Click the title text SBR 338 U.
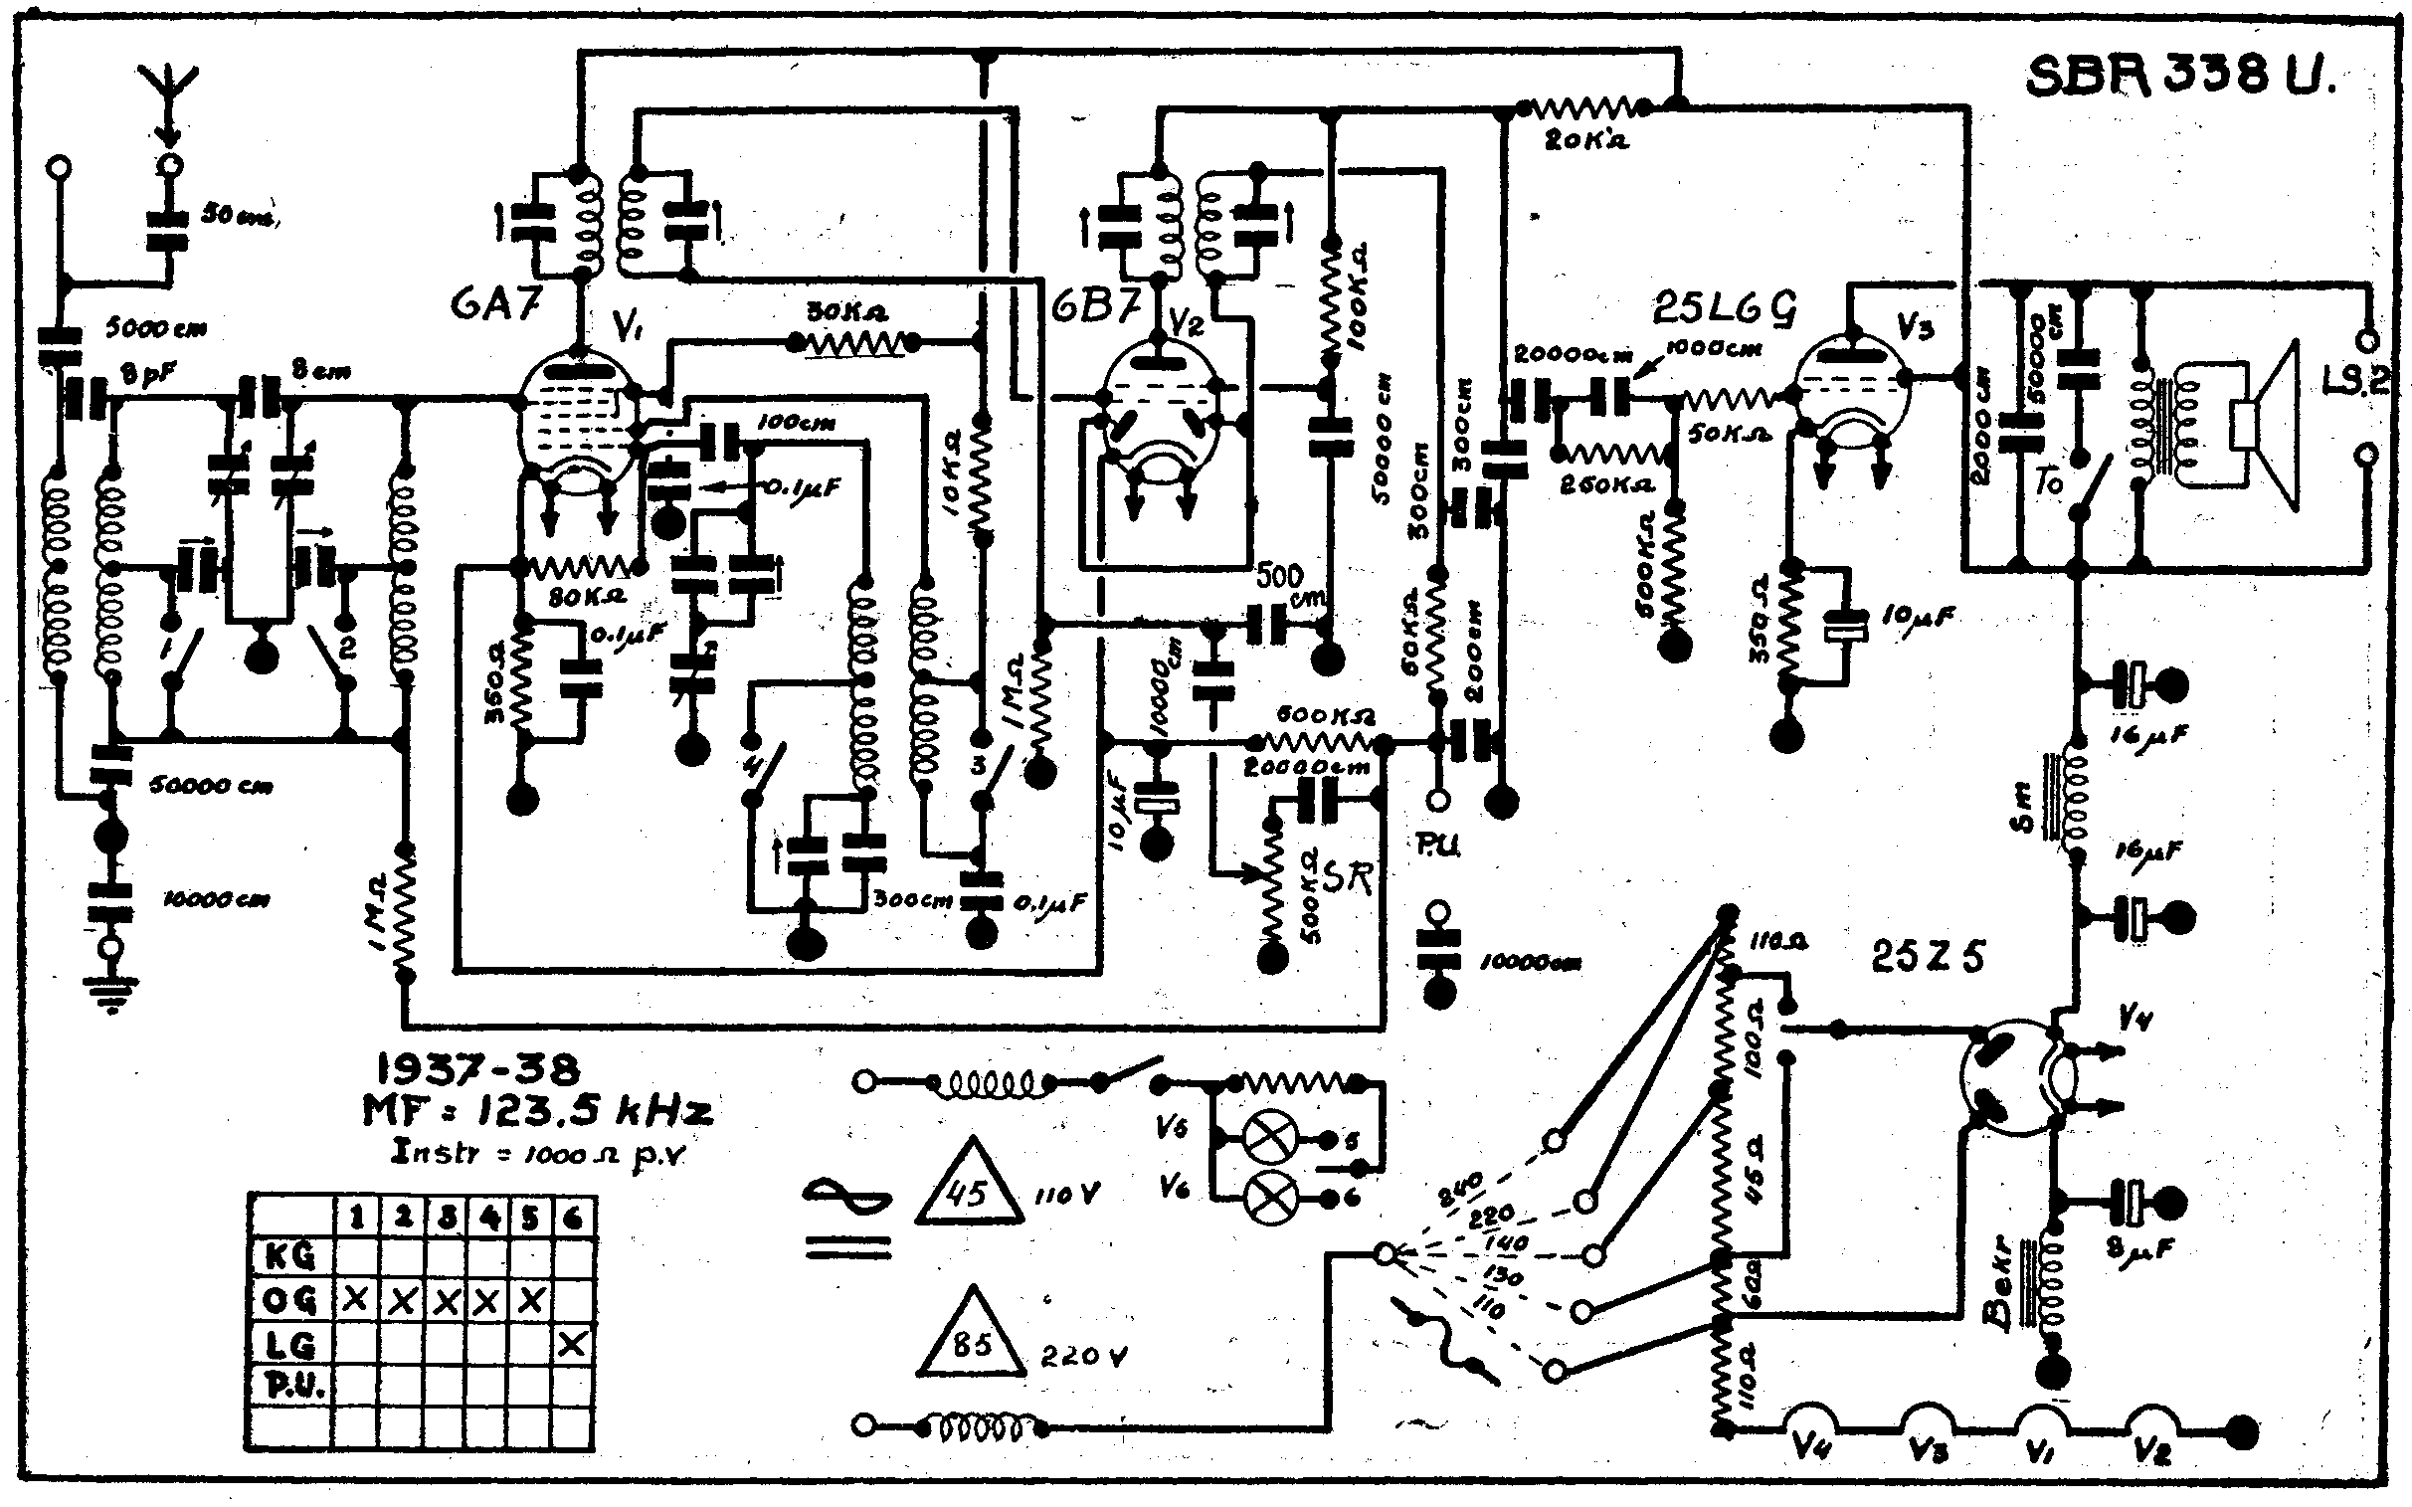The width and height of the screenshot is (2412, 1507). [2181, 76]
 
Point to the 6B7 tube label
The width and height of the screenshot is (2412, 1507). [1095, 306]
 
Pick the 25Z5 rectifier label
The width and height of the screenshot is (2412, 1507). [1928, 957]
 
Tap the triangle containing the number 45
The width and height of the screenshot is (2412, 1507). [968, 1190]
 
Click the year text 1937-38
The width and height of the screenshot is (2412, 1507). [477, 1069]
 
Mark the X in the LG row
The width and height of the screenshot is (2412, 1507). [572, 1345]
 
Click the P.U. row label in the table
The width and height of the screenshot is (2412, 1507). [290, 1387]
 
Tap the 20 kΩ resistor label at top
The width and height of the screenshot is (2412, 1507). [1585, 140]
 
